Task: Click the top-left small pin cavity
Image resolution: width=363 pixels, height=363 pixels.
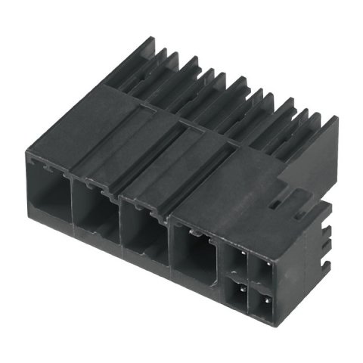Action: click(x=234, y=261)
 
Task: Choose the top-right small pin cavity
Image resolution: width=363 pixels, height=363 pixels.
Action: click(x=262, y=271)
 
